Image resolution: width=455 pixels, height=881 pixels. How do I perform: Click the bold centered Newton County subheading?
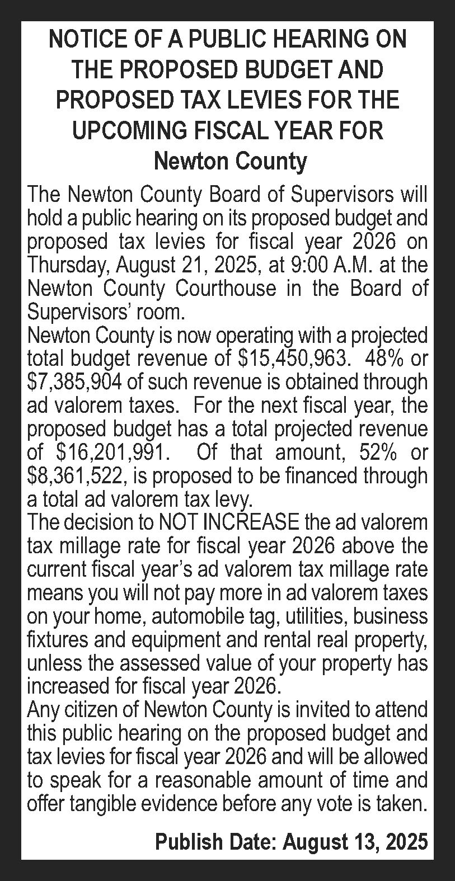pyautogui.click(x=230, y=162)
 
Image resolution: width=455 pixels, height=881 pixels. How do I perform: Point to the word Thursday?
pyautogui.click(x=65, y=264)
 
